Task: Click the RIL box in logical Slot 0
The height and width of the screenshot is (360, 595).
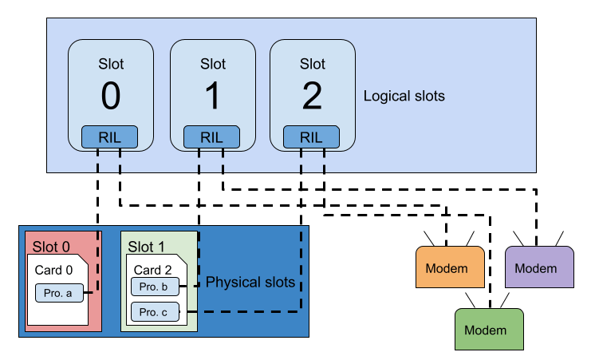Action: pyautogui.click(x=110, y=137)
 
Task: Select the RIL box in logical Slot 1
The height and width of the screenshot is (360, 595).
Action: pyautogui.click(x=211, y=137)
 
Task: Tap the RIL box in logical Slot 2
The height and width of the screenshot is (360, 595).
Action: pyautogui.click(x=311, y=137)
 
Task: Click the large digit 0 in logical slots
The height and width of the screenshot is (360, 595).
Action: pyautogui.click(x=111, y=97)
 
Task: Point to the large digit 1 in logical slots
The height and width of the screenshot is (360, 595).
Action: pyautogui.click(x=211, y=97)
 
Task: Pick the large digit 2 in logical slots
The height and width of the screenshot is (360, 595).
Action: pyautogui.click(x=312, y=97)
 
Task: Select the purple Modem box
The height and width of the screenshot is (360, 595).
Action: pyautogui.click(x=540, y=267)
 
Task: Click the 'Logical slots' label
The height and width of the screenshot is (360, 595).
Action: pyautogui.click(x=404, y=96)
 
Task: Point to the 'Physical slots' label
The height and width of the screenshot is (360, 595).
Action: pyautogui.click(x=250, y=283)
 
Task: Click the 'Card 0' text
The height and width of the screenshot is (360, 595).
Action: pyautogui.click(x=53, y=270)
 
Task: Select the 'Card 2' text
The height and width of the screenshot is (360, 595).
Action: pyautogui.click(x=152, y=270)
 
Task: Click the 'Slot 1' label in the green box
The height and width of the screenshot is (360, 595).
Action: pyautogui.click(x=147, y=247)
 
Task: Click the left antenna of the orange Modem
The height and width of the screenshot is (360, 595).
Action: pyautogui.click(x=428, y=238)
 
